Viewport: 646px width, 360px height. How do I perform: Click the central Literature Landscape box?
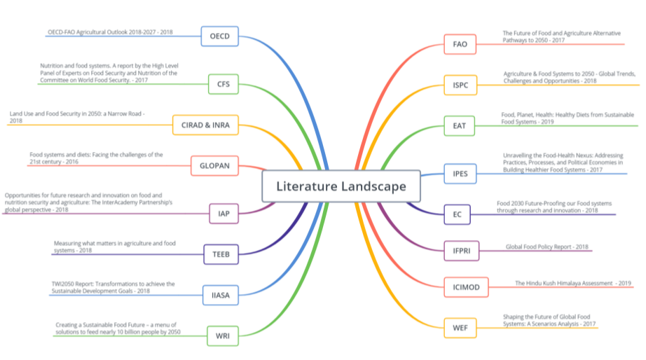(x=341, y=186)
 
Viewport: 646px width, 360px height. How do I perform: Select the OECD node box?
(x=220, y=36)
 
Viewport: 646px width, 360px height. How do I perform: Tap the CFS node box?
(x=224, y=85)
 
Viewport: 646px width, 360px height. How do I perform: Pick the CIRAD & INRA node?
(x=206, y=125)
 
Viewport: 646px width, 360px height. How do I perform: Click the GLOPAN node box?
(x=214, y=166)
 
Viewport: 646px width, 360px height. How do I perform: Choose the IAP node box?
(x=224, y=213)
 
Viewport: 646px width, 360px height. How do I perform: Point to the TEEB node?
(x=221, y=254)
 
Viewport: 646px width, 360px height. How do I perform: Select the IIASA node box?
(x=221, y=295)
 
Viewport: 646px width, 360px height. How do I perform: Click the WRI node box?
(x=223, y=336)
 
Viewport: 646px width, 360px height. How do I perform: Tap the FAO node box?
(x=460, y=44)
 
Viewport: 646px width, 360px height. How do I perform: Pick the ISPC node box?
(x=460, y=85)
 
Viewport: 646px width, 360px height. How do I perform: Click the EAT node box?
(x=460, y=126)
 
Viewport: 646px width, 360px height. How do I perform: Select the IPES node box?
(x=460, y=173)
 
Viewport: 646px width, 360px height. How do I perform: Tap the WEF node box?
(x=460, y=327)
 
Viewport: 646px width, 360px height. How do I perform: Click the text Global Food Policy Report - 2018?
(x=547, y=247)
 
